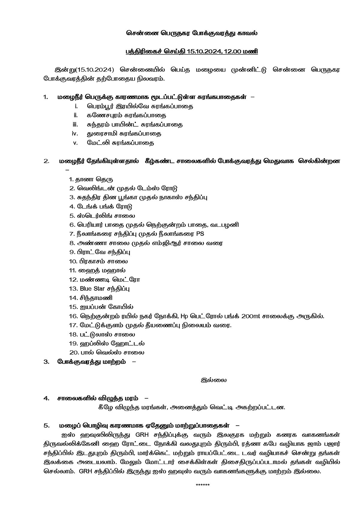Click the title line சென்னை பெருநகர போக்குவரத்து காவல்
[191, 33]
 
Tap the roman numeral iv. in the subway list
[75, 133]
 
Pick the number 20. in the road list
[73, 352]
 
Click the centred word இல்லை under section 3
[214, 380]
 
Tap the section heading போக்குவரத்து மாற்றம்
[91, 361]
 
